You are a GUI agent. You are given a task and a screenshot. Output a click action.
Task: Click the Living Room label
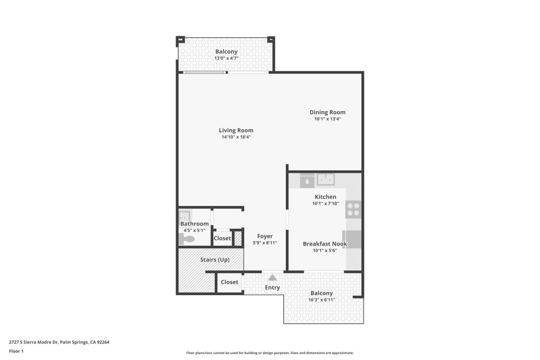click(236, 130)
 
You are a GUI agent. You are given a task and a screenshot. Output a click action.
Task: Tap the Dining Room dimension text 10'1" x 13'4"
click(327, 119)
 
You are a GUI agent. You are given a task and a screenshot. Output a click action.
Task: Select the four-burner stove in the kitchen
click(353, 209)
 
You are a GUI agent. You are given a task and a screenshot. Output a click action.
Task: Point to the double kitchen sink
click(325, 180)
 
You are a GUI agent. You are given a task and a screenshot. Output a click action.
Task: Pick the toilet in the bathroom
click(187, 239)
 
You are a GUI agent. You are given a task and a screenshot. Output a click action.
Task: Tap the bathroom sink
click(184, 216)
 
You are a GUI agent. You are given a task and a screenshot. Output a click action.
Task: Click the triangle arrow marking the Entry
click(272, 277)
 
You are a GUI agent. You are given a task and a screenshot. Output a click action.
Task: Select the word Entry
click(272, 288)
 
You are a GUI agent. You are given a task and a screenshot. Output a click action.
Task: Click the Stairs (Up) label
click(215, 260)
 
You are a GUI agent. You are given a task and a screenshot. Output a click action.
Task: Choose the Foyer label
click(265, 236)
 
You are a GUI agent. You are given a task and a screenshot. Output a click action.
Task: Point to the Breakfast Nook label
click(325, 244)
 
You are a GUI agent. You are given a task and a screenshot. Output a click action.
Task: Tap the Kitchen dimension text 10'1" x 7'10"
click(325, 203)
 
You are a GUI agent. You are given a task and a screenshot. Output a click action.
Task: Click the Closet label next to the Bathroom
click(222, 238)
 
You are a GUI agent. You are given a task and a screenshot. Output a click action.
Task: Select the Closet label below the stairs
click(229, 282)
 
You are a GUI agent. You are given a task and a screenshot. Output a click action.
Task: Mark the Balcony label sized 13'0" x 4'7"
click(226, 52)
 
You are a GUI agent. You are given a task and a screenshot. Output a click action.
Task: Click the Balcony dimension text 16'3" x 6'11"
click(322, 300)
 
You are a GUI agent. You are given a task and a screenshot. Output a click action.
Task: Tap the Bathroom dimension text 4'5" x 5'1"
click(195, 230)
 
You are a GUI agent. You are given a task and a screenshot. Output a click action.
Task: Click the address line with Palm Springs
click(59, 342)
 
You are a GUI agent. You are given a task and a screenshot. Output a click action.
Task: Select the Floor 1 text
click(16, 351)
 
